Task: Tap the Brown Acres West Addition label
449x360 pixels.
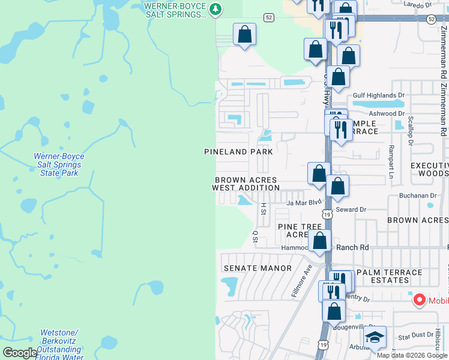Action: tap(246, 184)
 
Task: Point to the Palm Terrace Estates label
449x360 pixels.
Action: tap(390, 276)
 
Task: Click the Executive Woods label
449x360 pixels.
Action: tap(429, 169)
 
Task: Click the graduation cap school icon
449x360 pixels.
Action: tap(375, 338)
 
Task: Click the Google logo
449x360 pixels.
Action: tap(20, 353)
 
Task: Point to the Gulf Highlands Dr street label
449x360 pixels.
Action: tap(379, 95)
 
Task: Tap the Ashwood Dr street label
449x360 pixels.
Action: tap(387, 113)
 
